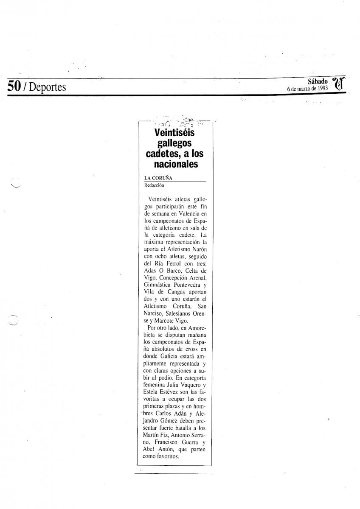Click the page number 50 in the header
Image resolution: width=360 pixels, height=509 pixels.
click(14, 87)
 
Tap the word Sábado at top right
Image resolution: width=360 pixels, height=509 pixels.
click(318, 81)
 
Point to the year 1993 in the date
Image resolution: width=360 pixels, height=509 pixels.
click(321, 88)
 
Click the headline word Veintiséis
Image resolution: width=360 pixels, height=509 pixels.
click(174, 133)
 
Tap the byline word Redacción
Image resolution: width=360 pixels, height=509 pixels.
click(154, 185)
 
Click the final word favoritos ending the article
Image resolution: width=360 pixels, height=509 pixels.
click(169, 456)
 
